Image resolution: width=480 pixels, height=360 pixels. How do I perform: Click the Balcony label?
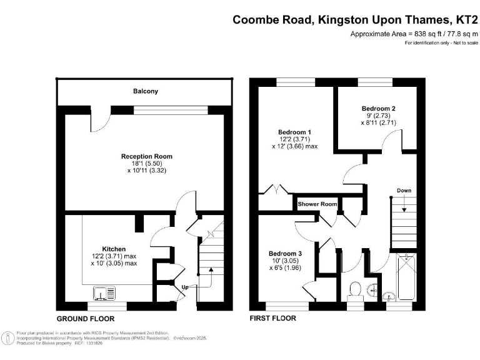point(146,91)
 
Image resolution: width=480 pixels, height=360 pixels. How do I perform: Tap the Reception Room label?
point(147,156)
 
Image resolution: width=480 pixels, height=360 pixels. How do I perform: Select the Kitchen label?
point(114,249)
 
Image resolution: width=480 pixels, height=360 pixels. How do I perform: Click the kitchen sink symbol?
point(104,292)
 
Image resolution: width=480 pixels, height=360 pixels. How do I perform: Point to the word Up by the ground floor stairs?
point(185,287)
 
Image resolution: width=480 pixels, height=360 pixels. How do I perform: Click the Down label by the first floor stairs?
point(404,191)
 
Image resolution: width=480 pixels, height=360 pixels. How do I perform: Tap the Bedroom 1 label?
point(294,132)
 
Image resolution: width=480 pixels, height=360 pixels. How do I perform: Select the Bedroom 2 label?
point(378,108)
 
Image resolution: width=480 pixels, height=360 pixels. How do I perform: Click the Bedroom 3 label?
point(285,254)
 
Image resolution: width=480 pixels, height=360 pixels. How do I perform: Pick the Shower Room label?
point(317,204)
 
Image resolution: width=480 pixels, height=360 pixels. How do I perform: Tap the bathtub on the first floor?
point(406,277)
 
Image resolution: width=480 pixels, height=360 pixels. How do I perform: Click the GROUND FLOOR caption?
point(86,319)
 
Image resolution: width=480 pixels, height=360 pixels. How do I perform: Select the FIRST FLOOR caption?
point(272,318)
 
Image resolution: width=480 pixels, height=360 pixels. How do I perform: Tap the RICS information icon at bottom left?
point(7,338)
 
